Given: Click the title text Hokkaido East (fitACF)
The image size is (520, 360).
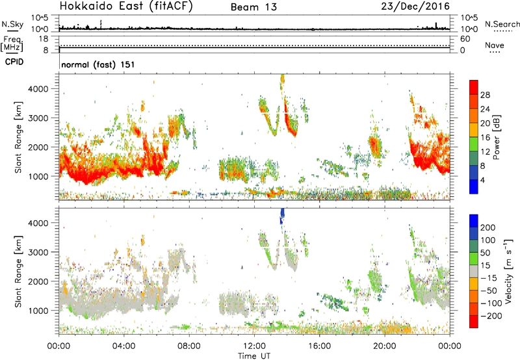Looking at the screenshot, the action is [x=126, y=6].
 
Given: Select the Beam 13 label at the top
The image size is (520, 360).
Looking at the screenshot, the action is [x=253, y=7].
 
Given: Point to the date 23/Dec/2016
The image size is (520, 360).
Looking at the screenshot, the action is [x=415, y=6].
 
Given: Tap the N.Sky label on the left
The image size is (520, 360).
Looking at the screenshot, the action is [x=12, y=24].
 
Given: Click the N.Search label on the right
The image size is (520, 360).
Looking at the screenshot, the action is [x=502, y=24].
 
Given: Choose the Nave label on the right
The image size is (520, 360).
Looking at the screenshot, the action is [x=495, y=45].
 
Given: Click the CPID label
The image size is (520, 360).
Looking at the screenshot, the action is [x=14, y=62].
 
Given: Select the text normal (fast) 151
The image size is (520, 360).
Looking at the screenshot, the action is [x=98, y=64].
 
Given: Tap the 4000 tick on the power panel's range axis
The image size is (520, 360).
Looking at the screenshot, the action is [x=39, y=89].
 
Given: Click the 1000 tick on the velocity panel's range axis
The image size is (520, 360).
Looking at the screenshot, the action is [x=39, y=311].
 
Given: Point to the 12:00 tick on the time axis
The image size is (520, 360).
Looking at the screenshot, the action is [x=254, y=346].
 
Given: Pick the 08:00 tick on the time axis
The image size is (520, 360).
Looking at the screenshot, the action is [x=189, y=346].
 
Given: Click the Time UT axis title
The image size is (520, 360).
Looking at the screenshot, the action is [x=254, y=356].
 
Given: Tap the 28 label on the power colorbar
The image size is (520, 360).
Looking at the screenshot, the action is [x=485, y=95].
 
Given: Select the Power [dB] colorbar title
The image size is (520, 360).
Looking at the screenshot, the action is [x=496, y=137].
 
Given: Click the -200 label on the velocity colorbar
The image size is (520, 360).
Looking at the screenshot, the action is [x=491, y=316].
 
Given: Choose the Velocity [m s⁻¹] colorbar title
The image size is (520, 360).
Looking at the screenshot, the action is [x=508, y=271].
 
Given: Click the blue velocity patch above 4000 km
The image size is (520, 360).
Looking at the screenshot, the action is [x=282, y=216].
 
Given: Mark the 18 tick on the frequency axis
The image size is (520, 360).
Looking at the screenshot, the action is [x=44, y=39].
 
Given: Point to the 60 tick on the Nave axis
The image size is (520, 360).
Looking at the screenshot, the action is [x=465, y=39].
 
